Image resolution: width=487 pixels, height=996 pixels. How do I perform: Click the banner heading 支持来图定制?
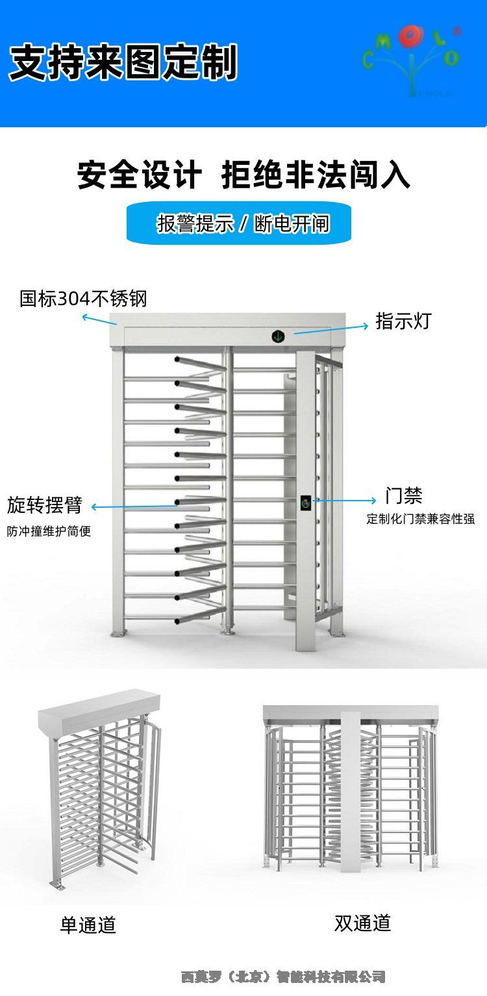[x=123, y=62]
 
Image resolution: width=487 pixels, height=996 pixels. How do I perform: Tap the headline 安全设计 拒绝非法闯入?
[x=243, y=175]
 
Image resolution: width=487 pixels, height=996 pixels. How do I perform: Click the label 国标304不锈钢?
[x=83, y=299]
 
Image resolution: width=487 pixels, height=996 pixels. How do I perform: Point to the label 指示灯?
[x=403, y=321]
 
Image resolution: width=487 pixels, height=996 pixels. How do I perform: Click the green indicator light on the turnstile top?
[x=278, y=336]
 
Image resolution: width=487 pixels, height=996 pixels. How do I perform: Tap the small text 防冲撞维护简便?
[x=49, y=531]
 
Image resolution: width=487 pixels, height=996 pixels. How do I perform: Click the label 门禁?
[x=403, y=496]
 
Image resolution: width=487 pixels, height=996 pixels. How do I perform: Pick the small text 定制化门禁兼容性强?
[x=420, y=519]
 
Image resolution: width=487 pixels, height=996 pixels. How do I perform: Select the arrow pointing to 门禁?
[x=344, y=501]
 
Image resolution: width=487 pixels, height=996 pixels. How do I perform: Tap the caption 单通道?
[x=88, y=925]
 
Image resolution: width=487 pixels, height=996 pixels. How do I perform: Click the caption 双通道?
[x=362, y=923]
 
